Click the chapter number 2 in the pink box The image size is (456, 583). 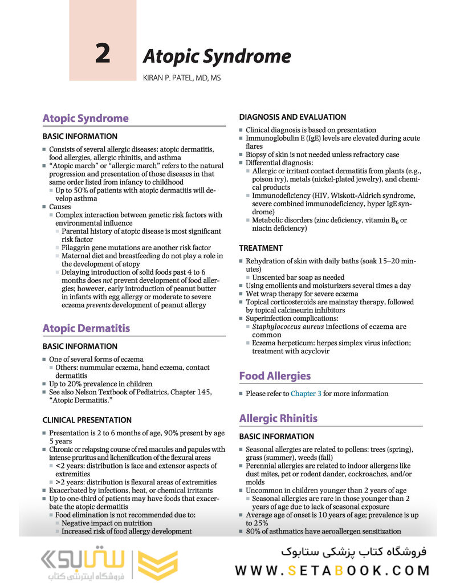(103, 54)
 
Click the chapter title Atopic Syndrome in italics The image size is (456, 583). (217, 56)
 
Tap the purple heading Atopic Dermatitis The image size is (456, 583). (86, 328)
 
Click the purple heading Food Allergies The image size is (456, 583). (275, 376)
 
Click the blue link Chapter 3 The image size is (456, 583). (306, 394)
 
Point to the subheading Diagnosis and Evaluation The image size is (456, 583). (292, 117)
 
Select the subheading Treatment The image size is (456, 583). (260, 248)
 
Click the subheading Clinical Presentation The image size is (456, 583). (87, 420)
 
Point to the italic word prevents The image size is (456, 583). (98, 305)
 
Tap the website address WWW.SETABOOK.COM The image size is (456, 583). (332, 570)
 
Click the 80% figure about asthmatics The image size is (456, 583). (254, 531)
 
